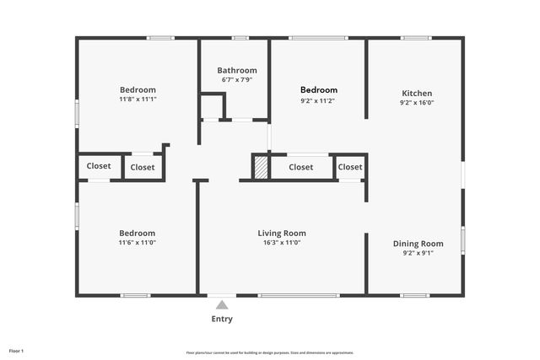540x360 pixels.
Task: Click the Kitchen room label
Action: pos(417,93)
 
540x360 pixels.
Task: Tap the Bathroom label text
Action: pos(236,70)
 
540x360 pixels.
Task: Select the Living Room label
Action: pos(282,233)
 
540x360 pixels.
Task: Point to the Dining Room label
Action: pos(418,244)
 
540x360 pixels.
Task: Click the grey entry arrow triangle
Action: pos(221,304)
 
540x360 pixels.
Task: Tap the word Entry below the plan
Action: pos(221,319)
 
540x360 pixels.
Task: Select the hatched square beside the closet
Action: pos(262,167)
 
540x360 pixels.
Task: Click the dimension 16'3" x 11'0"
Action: pos(282,243)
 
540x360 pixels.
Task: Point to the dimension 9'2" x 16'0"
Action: pos(417,103)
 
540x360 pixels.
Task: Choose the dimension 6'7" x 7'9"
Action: pos(236,80)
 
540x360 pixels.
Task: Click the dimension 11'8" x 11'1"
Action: pos(138,99)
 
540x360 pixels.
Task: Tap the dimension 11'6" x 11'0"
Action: pos(137,243)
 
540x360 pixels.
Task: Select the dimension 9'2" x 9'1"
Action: pos(418,253)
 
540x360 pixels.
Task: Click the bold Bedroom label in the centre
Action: pos(319,90)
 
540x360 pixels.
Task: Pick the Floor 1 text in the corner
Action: pos(16,350)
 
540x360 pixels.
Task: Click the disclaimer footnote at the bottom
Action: pos(270,352)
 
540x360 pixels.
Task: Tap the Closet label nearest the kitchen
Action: pos(350,167)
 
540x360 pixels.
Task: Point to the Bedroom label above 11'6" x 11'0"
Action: pos(137,233)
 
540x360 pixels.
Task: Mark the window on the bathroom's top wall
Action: pos(240,37)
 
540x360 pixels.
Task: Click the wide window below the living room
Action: pos(299,295)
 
